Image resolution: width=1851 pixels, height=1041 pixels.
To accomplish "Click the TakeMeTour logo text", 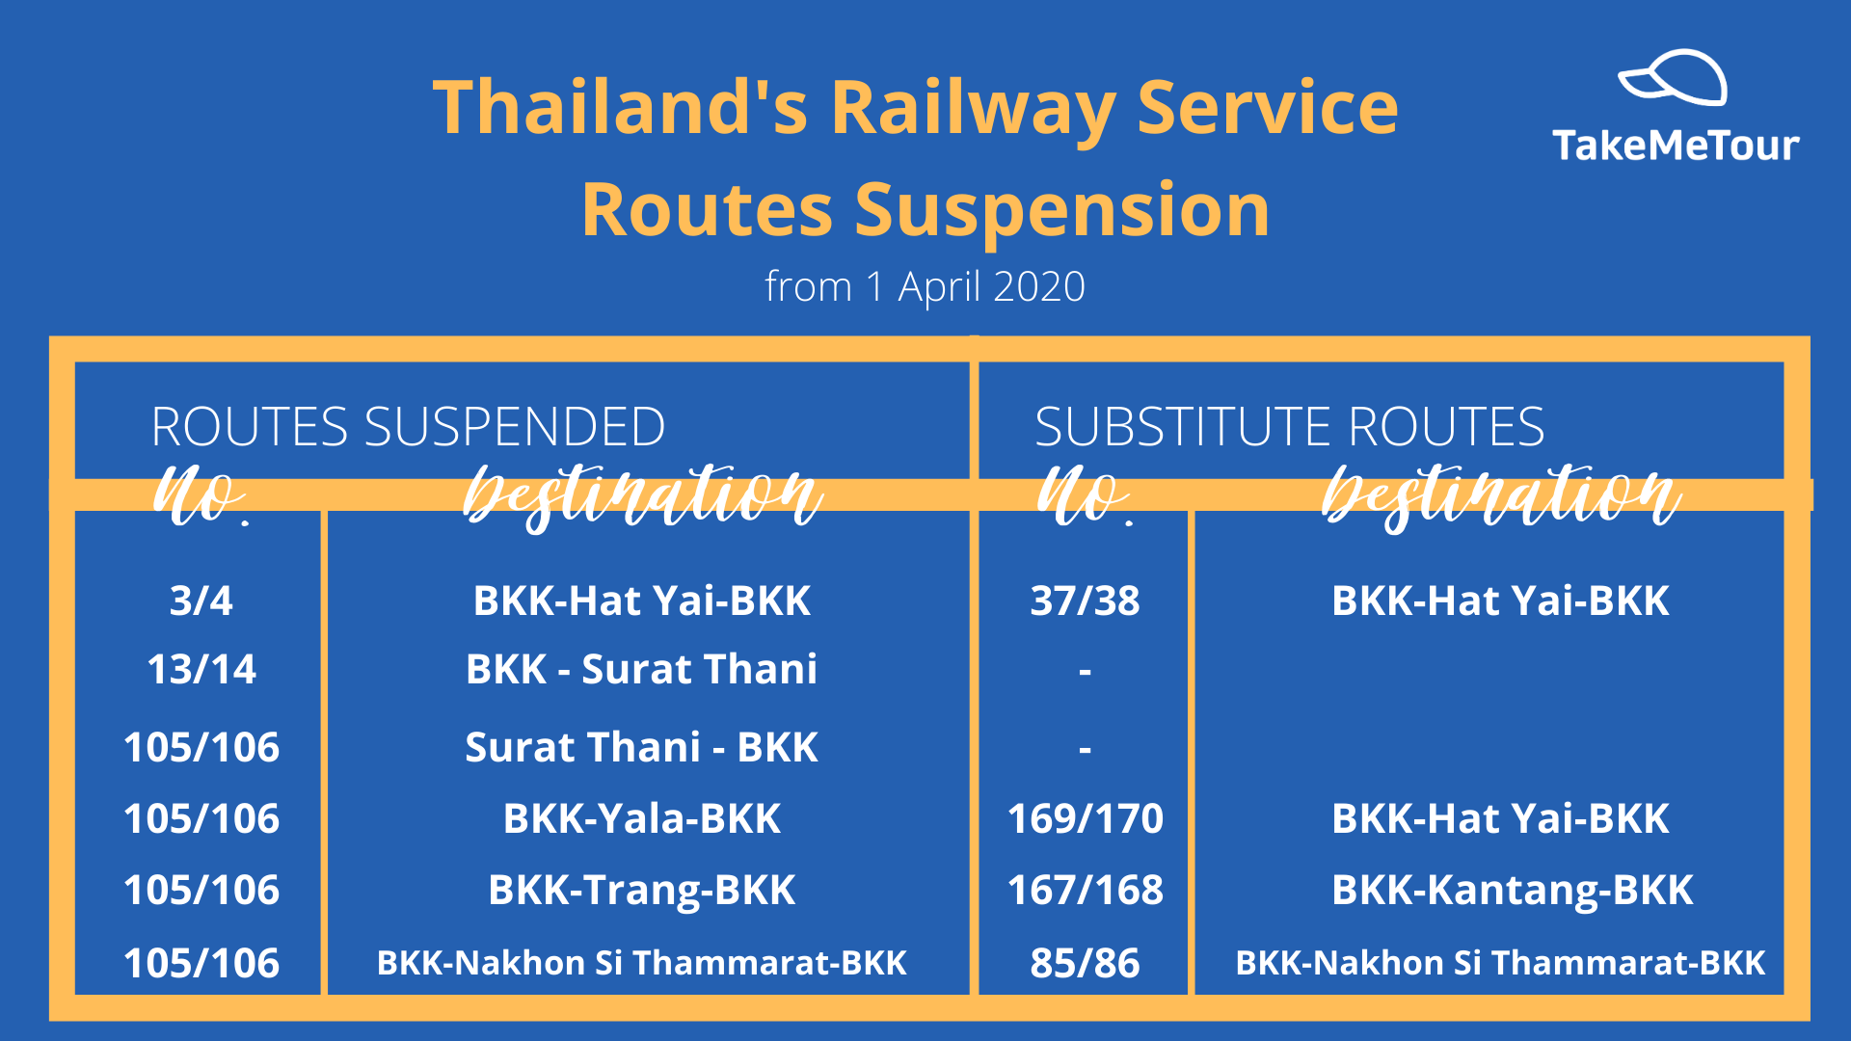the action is point(1676,146).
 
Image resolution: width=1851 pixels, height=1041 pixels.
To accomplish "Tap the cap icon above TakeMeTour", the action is point(1673,77).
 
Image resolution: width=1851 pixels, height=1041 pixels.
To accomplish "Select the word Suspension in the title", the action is point(1062,211).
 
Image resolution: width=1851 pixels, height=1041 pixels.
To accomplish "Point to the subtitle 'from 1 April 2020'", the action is point(925,286).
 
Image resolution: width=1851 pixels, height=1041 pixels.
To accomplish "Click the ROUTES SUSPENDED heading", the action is point(408,426).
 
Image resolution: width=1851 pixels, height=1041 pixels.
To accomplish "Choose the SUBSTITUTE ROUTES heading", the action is point(1289,426).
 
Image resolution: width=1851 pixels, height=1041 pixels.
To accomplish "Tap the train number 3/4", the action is point(201,601).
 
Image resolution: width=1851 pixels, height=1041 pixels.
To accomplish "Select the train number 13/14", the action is point(201,669).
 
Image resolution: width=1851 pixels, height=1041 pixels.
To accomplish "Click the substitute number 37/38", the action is point(1085,601).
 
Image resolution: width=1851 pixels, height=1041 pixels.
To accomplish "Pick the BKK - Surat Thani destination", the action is point(641,669).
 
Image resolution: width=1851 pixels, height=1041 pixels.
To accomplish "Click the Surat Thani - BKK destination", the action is point(641,747).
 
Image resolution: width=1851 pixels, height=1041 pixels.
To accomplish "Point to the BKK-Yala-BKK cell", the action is point(641,818).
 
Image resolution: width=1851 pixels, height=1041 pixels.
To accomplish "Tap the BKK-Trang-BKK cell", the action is point(641,890).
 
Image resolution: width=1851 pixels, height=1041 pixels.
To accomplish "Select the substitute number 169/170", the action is point(1085,818).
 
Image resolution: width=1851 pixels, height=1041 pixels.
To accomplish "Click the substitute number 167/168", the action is point(1085,890).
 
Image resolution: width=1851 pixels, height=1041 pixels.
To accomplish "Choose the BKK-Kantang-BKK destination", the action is point(1512,890).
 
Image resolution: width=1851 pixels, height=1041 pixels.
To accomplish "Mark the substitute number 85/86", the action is point(1085,963).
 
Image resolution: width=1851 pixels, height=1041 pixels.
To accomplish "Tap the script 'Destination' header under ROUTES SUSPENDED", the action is point(643,497).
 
